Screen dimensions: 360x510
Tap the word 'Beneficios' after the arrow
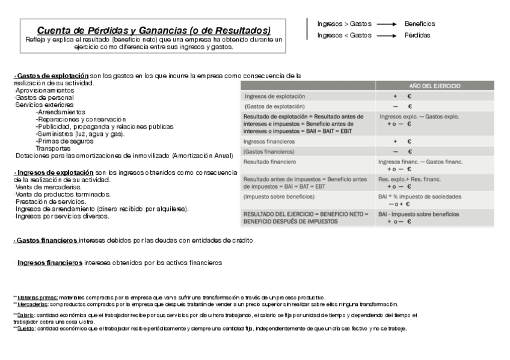pyautogui.click(x=420, y=24)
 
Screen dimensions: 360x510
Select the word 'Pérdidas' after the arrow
pyautogui.click(x=417, y=35)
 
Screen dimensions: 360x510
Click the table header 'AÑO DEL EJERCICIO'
pyautogui.click(x=435, y=86)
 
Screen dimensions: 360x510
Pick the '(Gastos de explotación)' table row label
pyautogui.click(x=271, y=106)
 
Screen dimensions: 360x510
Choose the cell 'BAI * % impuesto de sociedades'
pyautogui.click(x=419, y=197)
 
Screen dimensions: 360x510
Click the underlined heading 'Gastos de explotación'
pyautogui.click(x=51, y=76)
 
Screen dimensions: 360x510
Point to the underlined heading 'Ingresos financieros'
pyautogui.click(x=50, y=263)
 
